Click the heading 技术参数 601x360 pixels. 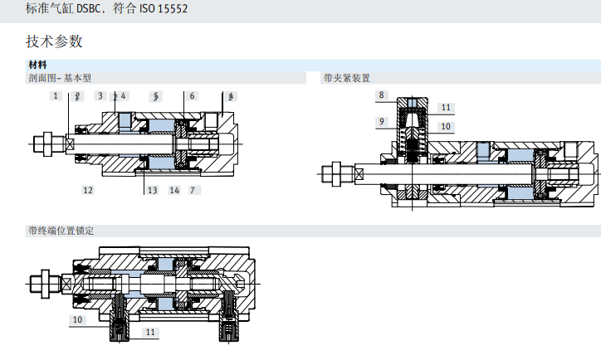coord(55,41)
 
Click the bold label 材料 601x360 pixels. coord(37,65)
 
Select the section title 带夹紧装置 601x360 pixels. coord(346,78)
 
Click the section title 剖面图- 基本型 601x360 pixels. coord(60,78)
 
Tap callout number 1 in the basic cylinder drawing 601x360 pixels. coord(56,96)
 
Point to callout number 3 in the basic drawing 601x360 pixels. coord(100,96)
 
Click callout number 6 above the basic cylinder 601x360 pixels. coord(192,96)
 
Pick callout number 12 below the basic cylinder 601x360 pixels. coord(87,190)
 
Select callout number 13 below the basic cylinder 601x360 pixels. coord(152,190)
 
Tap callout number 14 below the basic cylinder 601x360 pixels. coord(174,190)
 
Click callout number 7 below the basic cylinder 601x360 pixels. coord(193,190)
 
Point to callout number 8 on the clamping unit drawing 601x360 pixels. coord(381,95)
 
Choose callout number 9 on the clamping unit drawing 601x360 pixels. coord(381,121)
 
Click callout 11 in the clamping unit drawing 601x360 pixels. coord(446,108)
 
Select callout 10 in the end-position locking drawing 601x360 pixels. coord(77,319)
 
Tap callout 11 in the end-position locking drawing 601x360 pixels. coord(150,332)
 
